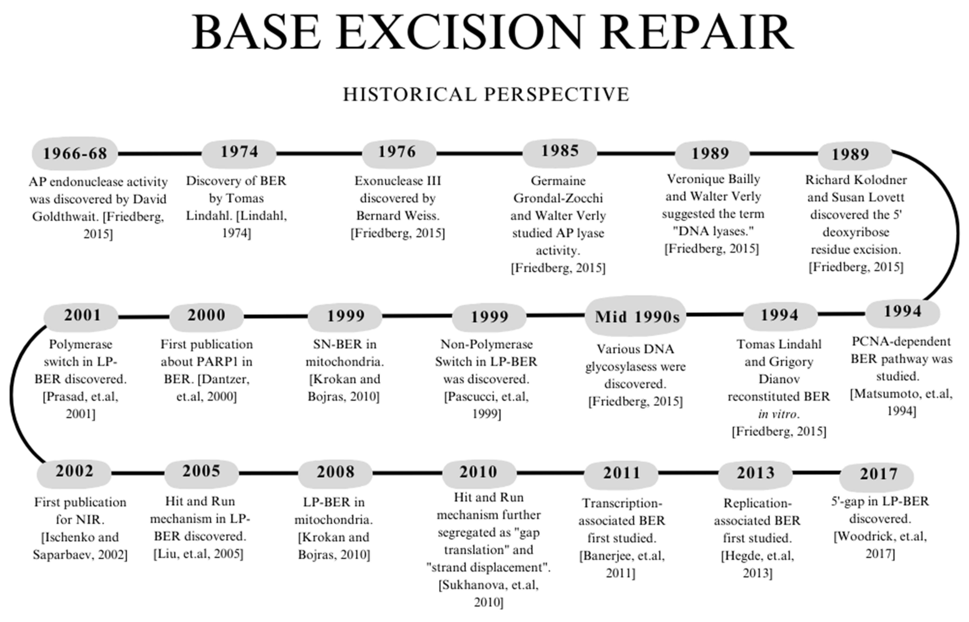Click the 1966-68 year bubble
coord(75,154)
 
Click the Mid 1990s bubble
coord(636,316)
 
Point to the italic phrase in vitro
coord(778,415)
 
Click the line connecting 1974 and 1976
coord(319,154)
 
